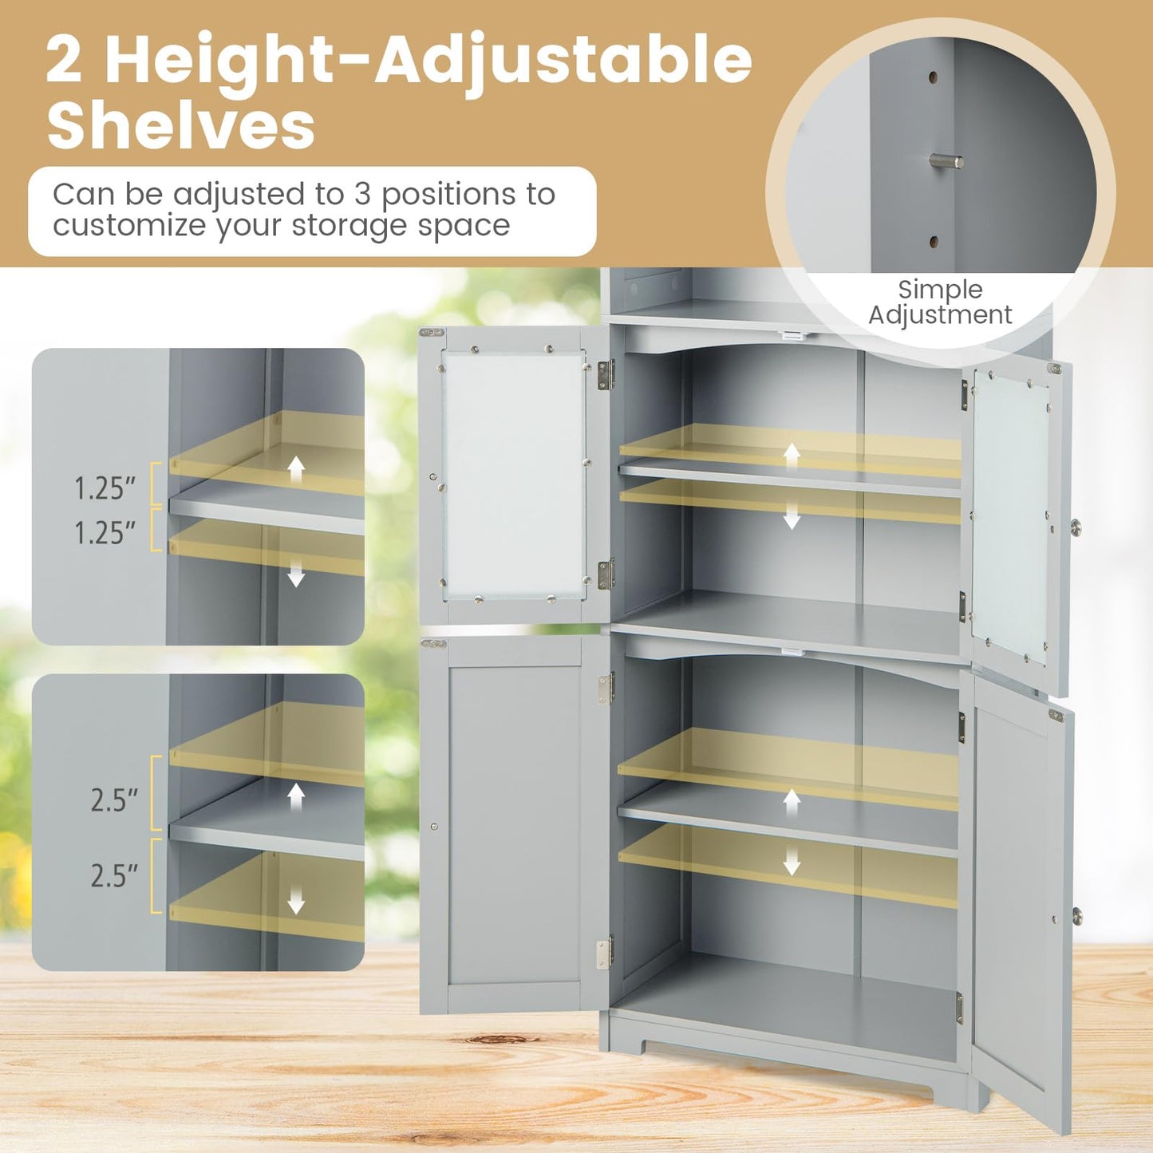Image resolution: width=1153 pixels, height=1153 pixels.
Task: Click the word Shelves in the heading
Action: point(181,125)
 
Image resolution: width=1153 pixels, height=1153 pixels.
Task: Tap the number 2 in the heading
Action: point(64,60)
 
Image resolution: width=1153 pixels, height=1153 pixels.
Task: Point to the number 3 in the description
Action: point(359,195)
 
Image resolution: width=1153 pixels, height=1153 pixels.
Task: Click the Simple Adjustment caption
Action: point(940,302)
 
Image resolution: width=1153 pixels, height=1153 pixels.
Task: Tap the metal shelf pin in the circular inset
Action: point(946,162)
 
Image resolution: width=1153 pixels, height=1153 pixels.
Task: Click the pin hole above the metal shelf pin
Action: point(933,79)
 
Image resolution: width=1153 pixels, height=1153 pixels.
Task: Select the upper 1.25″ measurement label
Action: point(105,488)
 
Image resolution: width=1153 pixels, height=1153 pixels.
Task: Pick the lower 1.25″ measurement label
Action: point(105,533)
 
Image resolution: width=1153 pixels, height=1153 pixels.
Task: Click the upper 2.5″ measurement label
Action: point(114,800)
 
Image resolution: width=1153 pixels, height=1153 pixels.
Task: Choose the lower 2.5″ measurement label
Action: point(114,875)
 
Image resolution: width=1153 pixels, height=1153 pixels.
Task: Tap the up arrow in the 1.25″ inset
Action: point(296,470)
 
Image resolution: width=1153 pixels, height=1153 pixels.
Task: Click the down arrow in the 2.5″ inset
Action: point(296,902)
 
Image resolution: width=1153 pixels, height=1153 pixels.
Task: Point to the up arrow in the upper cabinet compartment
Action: point(792,456)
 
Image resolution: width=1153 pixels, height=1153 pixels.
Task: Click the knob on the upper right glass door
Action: point(1076,527)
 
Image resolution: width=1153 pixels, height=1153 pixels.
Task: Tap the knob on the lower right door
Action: point(1076,916)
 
